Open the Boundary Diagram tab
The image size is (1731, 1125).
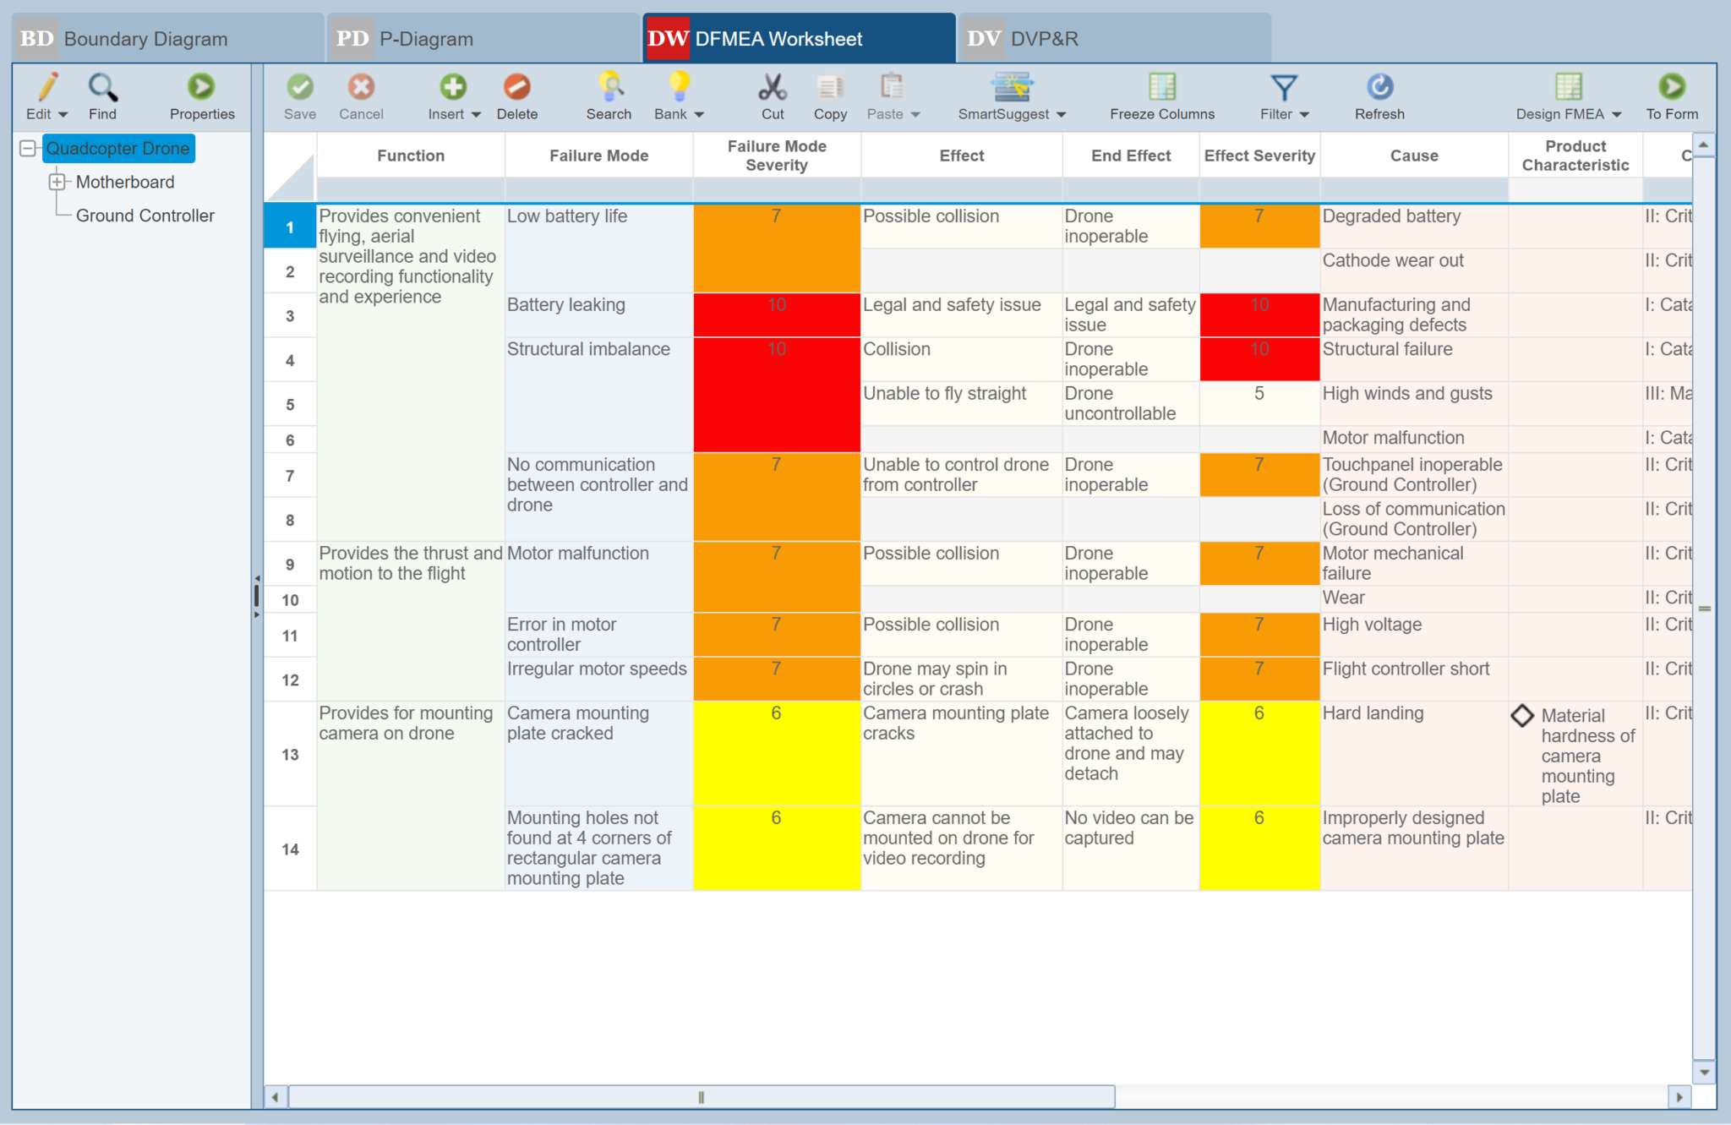145,39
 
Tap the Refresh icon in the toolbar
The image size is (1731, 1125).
1379,87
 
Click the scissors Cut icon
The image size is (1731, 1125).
773,87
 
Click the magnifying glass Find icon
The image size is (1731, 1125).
102,87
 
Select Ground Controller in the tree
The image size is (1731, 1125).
145,216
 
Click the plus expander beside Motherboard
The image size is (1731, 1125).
57,182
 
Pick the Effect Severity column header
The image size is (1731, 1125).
1259,156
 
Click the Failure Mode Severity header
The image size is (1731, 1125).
777,156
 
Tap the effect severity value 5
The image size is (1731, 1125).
1259,394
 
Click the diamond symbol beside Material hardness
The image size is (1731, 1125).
1522,715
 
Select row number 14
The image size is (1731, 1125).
290,849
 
